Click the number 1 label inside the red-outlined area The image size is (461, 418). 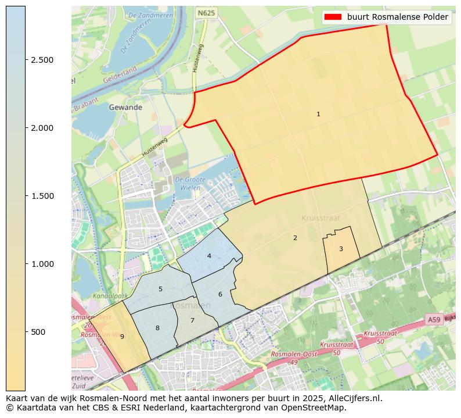pyautogui.click(x=318, y=115)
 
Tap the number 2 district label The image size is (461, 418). pyautogui.click(x=295, y=238)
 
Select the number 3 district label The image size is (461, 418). pyautogui.click(x=341, y=249)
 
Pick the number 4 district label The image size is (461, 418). pyautogui.click(x=209, y=256)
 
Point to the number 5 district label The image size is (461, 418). pyautogui.click(x=160, y=289)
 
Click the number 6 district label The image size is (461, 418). pyautogui.click(x=220, y=294)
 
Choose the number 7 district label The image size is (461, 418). pyautogui.click(x=192, y=320)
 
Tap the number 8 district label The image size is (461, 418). pyautogui.click(x=157, y=328)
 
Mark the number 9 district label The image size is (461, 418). pyautogui.click(x=122, y=337)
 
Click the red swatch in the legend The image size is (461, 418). pyautogui.click(x=334, y=17)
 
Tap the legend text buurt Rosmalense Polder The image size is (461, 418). pyautogui.click(x=398, y=17)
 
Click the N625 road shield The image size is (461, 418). pyautogui.click(x=206, y=12)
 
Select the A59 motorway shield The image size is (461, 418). pyautogui.click(x=434, y=320)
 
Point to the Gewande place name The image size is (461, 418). pyautogui.click(x=125, y=108)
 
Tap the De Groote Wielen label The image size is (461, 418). pyautogui.click(x=189, y=184)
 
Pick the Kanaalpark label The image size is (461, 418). pyautogui.click(x=105, y=296)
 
